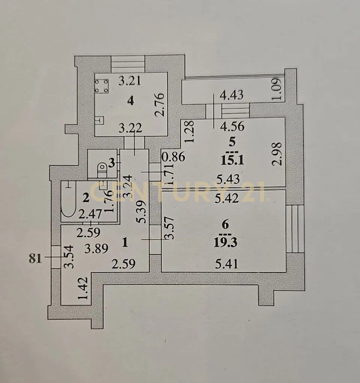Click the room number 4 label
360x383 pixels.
pos(131,100)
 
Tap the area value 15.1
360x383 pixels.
pos(232,161)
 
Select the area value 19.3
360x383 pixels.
pos(225,243)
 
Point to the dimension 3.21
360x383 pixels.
pos(129,81)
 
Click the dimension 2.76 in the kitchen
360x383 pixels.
pos(160,105)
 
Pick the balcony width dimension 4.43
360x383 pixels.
pos(231,94)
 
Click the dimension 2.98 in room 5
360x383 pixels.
pos(277,154)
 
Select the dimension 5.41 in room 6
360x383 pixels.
pos(226,264)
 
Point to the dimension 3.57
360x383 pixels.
pos(169,228)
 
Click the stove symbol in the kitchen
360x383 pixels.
pos(101,86)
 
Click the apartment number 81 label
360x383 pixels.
pos(35,258)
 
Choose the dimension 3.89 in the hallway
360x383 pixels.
pos(96,249)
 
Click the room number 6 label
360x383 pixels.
pos(225,224)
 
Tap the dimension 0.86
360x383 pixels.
pos(174,157)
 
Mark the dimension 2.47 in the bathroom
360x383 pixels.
pos(90,215)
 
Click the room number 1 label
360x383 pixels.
pos(125,243)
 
